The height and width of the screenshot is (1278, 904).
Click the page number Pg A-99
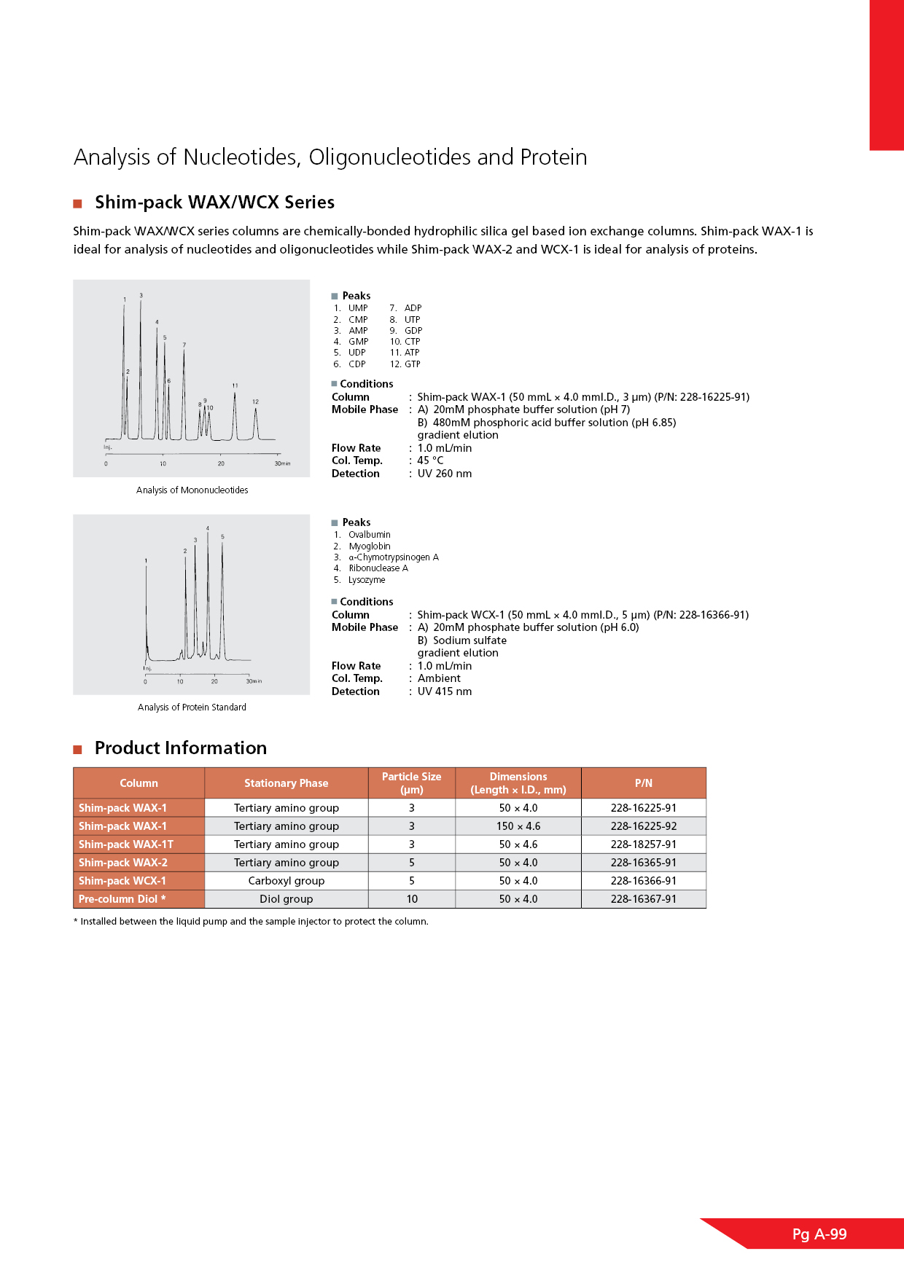pyautogui.click(x=819, y=1234)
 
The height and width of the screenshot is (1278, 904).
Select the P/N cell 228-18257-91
pyautogui.click(x=643, y=844)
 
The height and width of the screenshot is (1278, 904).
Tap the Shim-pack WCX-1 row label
pyautogui.click(x=122, y=881)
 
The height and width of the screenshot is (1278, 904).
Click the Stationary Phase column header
pyautogui.click(x=286, y=783)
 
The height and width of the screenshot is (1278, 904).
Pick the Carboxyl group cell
pyautogui.click(x=286, y=881)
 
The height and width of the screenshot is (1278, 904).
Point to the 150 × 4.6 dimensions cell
pyautogui.click(x=518, y=826)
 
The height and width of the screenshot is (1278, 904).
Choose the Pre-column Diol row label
pyautogui.click(x=122, y=899)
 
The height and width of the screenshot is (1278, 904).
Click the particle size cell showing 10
pyautogui.click(x=412, y=899)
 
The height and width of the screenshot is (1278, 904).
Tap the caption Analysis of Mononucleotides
pyautogui.click(x=192, y=490)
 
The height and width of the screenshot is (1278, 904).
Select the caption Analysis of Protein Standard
pyautogui.click(x=192, y=707)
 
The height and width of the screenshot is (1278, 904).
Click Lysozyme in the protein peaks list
pyautogui.click(x=367, y=580)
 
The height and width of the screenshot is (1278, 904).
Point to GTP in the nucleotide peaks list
pyautogui.click(x=413, y=364)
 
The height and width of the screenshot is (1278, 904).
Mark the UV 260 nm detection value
pyautogui.click(x=445, y=474)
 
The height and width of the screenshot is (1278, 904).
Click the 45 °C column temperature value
pyautogui.click(x=430, y=460)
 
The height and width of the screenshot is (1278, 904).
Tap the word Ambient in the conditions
pyautogui.click(x=439, y=678)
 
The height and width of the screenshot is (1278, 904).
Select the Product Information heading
pyautogui.click(x=181, y=748)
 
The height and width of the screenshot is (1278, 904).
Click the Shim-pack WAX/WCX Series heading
pyautogui.click(x=214, y=203)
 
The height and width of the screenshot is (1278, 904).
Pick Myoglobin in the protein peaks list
pyautogui.click(x=370, y=546)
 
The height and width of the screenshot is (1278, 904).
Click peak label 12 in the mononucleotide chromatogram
pyautogui.click(x=255, y=401)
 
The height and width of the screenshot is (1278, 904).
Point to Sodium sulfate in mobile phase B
pyautogui.click(x=469, y=640)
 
